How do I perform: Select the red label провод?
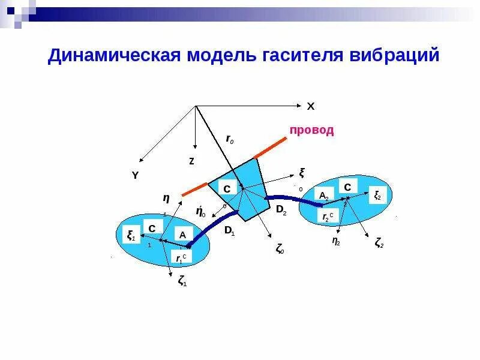(x=311, y=130)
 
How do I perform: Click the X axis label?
(x=310, y=106)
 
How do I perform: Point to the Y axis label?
(x=135, y=175)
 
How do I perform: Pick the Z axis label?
(x=191, y=161)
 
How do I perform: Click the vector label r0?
(x=230, y=139)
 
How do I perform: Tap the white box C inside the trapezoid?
(x=227, y=189)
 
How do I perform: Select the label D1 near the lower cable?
(x=229, y=231)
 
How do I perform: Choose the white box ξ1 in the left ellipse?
(x=130, y=235)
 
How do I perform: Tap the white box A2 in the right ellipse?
(x=324, y=196)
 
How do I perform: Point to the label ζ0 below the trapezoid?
(x=280, y=249)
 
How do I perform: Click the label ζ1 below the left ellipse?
(x=182, y=280)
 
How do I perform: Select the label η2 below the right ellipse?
(x=336, y=241)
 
